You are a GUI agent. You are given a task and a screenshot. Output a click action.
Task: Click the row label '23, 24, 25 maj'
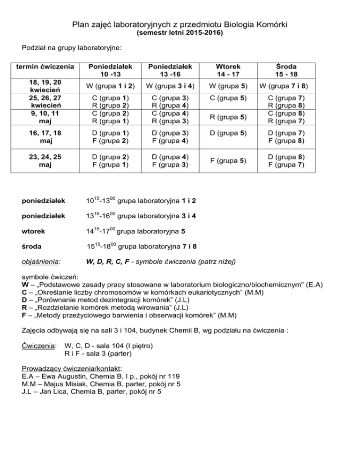[45, 161]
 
